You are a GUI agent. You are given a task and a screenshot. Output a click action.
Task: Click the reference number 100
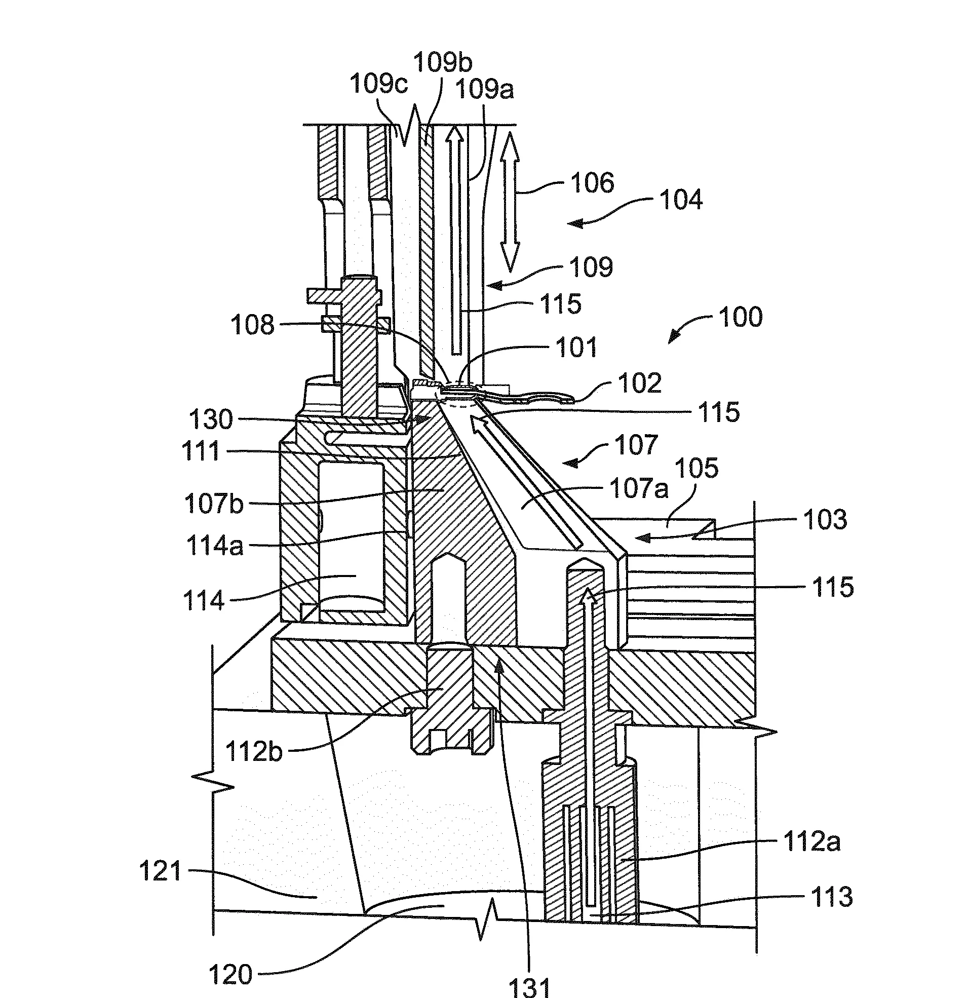click(741, 317)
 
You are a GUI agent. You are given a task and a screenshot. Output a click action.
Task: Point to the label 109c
click(379, 83)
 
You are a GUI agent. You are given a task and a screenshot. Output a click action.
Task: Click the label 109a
click(484, 90)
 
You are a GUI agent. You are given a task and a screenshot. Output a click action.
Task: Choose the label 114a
click(215, 546)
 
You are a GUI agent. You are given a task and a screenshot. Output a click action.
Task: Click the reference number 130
click(211, 419)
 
